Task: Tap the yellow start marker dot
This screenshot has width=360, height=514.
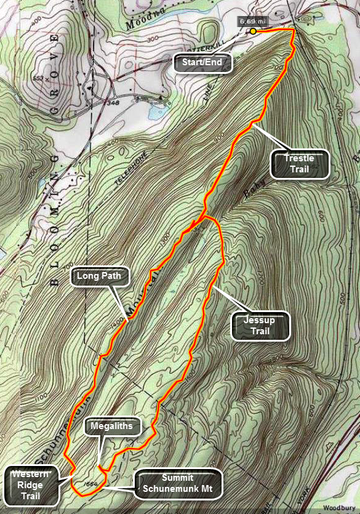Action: (253, 31)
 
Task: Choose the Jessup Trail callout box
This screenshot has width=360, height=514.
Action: (261, 325)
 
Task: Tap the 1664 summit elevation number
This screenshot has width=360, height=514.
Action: (94, 484)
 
